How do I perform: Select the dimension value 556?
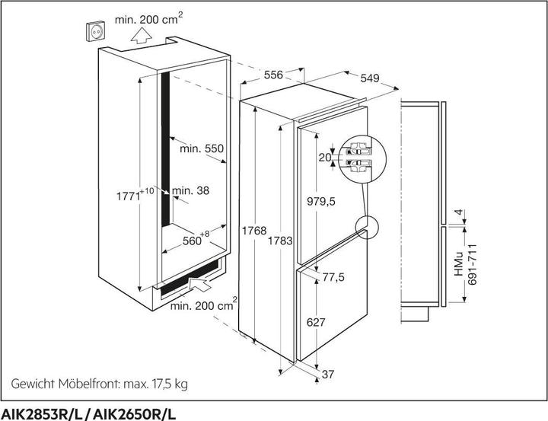(x=274, y=76)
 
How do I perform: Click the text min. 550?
(x=202, y=149)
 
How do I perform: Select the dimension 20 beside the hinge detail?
(x=326, y=158)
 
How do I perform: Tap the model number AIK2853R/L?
(x=43, y=412)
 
